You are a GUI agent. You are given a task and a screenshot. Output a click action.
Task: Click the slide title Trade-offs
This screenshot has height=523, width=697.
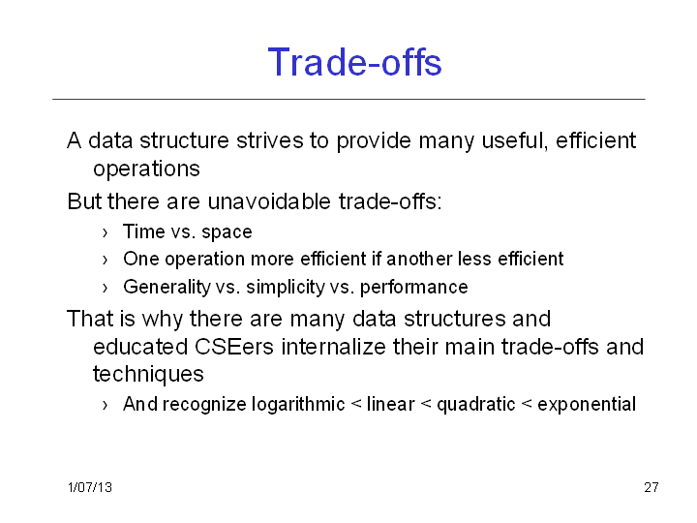point(354,62)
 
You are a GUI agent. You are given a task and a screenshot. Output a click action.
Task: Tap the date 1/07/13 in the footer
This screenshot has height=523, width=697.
point(90,487)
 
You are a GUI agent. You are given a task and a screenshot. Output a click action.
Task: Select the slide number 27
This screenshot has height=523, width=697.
point(652,487)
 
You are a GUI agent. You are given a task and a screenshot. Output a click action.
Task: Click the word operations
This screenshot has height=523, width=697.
point(147,169)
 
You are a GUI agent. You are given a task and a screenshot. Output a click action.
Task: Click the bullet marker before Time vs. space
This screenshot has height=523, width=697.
point(105,232)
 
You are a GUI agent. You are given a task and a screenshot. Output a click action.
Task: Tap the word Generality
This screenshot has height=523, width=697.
point(167,288)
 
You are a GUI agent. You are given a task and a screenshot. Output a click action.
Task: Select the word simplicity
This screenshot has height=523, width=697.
point(286,288)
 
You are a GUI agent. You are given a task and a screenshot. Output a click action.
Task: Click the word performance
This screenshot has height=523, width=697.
point(414,288)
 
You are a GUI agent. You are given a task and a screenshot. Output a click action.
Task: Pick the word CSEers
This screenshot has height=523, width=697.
point(234,347)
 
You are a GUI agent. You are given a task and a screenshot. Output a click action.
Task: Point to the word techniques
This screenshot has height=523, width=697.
point(148,375)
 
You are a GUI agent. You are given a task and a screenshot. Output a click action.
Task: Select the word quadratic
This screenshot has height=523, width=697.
point(475,405)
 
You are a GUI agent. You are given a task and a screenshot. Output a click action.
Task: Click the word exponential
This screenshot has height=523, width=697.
point(587,405)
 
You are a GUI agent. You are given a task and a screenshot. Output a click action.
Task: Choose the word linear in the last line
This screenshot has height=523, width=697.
point(391,404)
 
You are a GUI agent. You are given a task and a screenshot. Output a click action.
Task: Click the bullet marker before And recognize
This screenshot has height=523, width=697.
point(105,405)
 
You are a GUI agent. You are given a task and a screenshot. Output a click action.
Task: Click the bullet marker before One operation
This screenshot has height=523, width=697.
point(105,260)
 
